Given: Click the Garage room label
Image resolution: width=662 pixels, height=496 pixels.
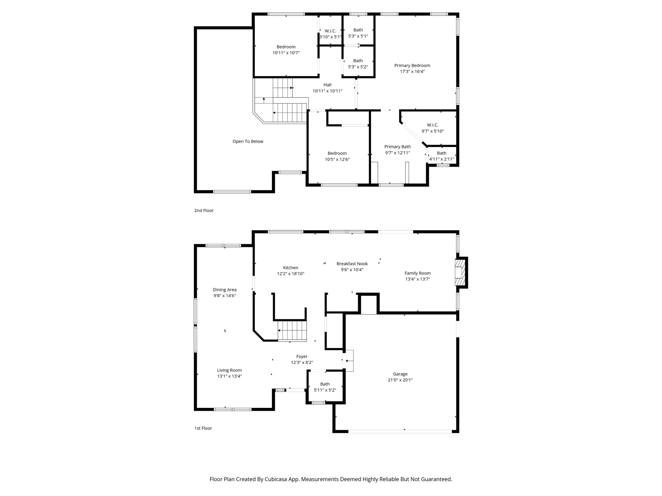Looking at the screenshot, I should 400,374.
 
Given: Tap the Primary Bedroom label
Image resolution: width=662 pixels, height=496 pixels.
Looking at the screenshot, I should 412,66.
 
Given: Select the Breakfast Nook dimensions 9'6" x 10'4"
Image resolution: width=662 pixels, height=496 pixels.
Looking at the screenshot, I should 352,270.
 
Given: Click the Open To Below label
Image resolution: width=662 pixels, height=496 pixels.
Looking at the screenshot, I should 248,141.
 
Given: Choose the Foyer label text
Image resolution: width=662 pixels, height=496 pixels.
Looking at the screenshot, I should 302,356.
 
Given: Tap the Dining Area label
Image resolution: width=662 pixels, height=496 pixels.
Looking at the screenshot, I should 225,290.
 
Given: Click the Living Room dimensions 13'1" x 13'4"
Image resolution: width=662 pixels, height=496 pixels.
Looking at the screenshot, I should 230,376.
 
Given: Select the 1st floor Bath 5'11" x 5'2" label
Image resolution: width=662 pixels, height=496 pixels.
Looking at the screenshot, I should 325,387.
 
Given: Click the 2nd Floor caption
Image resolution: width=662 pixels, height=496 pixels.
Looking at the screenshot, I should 204,211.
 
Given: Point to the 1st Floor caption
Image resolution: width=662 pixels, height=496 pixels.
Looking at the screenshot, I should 203,428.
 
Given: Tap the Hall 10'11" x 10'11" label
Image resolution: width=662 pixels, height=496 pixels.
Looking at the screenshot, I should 327,88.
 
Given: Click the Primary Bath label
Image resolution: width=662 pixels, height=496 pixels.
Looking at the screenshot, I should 397,147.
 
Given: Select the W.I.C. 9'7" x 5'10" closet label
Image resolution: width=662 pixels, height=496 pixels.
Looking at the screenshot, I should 432,128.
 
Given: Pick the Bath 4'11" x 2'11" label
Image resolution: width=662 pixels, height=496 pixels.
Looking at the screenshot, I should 442,156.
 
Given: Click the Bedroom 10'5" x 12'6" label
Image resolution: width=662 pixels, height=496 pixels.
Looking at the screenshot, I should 337,156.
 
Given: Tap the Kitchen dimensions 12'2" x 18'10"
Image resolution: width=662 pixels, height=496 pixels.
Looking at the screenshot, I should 291,274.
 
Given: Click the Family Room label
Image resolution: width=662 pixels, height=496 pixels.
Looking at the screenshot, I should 418,273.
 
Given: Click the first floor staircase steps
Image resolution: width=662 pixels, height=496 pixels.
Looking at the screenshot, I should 292,331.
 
